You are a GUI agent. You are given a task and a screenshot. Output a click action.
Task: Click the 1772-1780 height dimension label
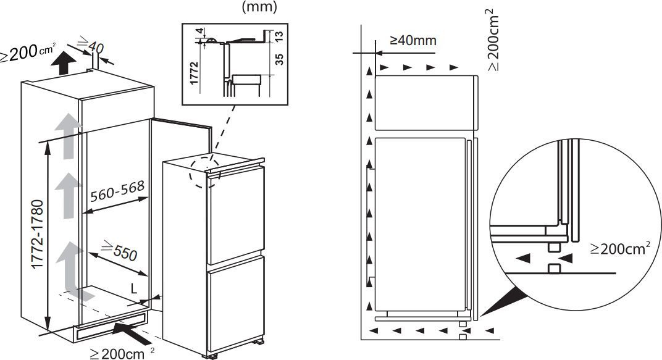(x=38, y=234)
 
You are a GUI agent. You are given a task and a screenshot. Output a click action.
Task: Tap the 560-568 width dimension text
(x=117, y=191)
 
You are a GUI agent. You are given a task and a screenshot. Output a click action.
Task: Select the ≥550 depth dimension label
(x=119, y=249)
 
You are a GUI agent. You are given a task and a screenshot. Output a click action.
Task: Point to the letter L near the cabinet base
(x=134, y=289)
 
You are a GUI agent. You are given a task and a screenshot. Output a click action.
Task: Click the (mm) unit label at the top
(x=259, y=6)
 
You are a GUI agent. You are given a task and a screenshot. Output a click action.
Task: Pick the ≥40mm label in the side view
(x=413, y=41)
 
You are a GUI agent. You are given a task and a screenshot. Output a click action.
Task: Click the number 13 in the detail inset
(x=279, y=36)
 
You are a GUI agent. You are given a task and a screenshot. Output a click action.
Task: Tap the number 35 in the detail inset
(x=279, y=59)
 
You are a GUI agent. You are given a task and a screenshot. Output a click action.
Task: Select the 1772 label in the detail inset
(x=194, y=73)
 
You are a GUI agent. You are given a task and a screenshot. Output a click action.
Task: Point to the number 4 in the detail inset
(x=201, y=31)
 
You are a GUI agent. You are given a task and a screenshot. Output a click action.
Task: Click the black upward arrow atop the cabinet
(x=64, y=64)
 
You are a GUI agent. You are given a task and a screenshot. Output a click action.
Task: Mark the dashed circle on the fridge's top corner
(x=205, y=173)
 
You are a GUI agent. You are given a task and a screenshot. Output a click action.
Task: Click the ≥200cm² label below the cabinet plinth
(x=122, y=353)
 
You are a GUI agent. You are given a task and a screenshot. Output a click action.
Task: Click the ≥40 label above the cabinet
(x=90, y=44)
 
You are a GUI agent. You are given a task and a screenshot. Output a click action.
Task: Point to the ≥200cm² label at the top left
(x=28, y=52)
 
